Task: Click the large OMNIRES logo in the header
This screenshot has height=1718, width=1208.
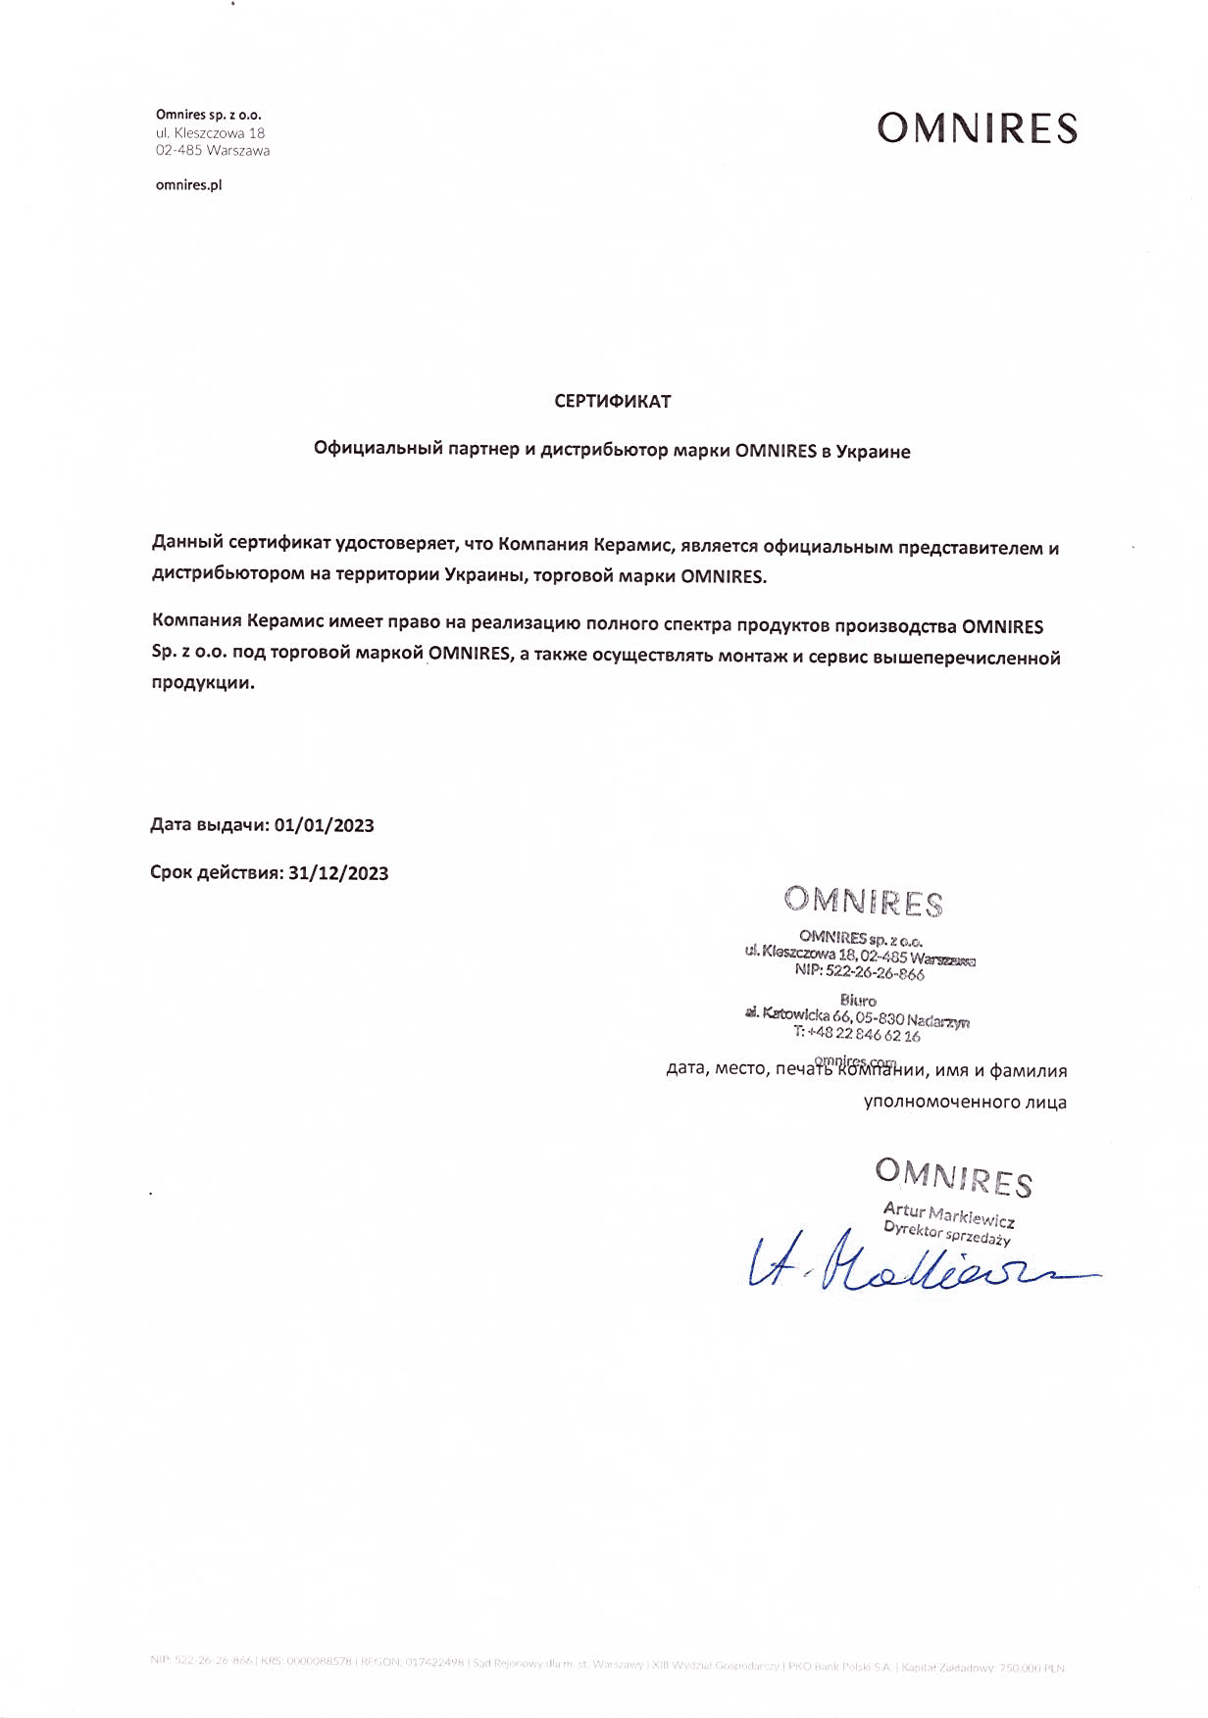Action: pyautogui.click(x=977, y=128)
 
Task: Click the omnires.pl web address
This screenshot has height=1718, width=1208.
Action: pyautogui.click(x=188, y=185)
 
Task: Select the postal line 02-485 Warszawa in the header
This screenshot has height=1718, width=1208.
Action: pyautogui.click(x=212, y=151)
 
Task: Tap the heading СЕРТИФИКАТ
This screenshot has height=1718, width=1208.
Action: pyautogui.click(x=612, y=401)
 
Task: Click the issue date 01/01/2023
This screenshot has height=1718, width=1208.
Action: pyautogui.click(x=325, y=825)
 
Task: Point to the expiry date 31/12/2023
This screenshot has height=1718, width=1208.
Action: pyautogui.click(x=338, y=873)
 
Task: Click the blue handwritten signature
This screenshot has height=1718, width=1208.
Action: pyautogui.click(x=912, y=1265)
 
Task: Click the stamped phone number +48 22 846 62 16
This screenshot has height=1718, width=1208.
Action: pyautogui.click(x=863, y=1034)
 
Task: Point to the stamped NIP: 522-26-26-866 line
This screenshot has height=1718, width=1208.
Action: pyautogui.click(x=859, y=971)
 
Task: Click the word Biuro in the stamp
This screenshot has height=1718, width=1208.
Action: pyautogui.click(x=858, y=1001)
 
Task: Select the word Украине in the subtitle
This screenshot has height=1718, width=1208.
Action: pyautogui.click(x=873, y=452)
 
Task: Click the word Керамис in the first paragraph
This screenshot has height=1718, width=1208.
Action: pyautogui.click(x=631, y=545)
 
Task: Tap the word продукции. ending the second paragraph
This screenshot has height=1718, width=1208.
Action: pyautogui.click(x=202, y=683)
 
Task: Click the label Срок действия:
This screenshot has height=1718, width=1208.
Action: pyautogui.click(x=217, y=873)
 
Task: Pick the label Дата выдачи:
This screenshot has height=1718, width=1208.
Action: pyautogui.click(x=209, y=825)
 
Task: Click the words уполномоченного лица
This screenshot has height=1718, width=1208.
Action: pyautogui.click(x=965, y=1102)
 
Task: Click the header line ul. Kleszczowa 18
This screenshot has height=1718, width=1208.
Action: pyautogui.click(x=210, y=133)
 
